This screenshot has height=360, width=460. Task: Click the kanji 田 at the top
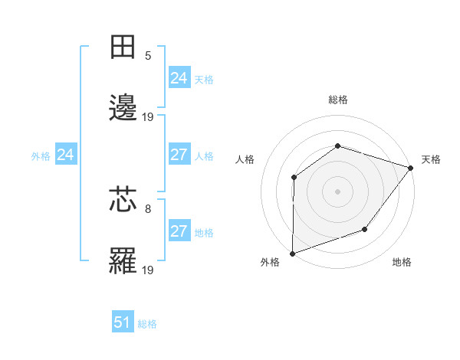pyautogui.click(x=123, y=47)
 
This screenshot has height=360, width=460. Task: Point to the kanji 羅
pyautogui.click(x=123, y=261)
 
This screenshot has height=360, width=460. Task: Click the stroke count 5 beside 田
pyautogui.click(x=148, y=55)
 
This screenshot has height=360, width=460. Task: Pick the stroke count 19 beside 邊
pyautogui.click(x=148, y=116)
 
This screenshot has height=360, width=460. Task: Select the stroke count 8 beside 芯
pyautogui.click(x=148, y=207)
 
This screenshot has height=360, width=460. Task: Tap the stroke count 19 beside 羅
pyautogui.click(x=148, y=269)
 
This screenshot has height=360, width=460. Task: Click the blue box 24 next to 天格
pyautogui.click(x=179, y=78)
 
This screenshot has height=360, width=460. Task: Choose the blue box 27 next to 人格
pyautogui.click(x=179, y=155)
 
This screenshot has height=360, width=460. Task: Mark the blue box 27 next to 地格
pyautogui.click(x=179, y=231)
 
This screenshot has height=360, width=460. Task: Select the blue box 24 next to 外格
pyautogui.click(x=65, y=155)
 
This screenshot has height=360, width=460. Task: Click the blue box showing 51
pyautogui.click(x=123, y=322)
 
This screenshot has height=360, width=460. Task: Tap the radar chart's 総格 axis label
pyautogui.click(x=337, y=100)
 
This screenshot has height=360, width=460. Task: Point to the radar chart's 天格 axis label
pyautogui.click(x=432, y=159)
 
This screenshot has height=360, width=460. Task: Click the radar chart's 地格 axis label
pyautogui.click(x=402, y=263)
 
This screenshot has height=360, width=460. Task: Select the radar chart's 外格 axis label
pyautogui.click(x=270, y=263)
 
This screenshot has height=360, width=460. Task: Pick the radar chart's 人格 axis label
pyautogui.click(x=245, y=159)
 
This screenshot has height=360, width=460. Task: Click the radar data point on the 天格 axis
pyautogui.click(x=411, y=168)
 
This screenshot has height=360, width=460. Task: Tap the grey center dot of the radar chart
pyautogui.click(x=337, y=191)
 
